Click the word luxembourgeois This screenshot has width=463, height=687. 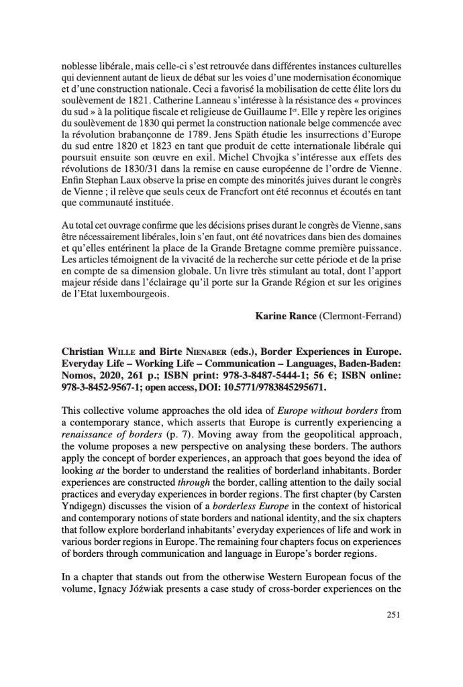pos(125,293)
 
